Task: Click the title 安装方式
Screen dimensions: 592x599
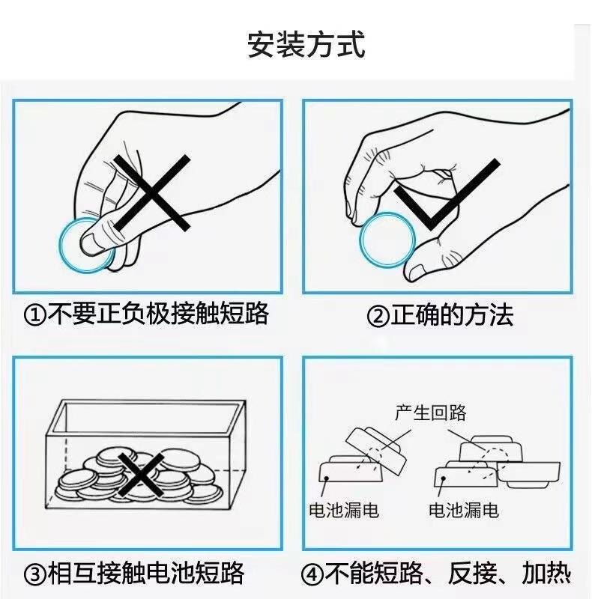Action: [x=306, y=45]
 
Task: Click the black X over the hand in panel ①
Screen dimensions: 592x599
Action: [x=152, y=193]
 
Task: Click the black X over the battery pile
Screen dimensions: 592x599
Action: [x=141, y=475]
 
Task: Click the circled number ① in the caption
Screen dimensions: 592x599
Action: [x=34, y=315]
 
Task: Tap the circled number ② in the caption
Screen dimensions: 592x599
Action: [x=378, y=316]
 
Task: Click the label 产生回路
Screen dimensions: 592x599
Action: [x=431, y=413]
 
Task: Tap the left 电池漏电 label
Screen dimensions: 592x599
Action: [x=344, y=511]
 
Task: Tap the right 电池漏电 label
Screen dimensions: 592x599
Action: [x=464, y=511]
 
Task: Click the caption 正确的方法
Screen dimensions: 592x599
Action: [x=452, y=315]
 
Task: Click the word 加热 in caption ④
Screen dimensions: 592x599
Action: [x=546, y=573]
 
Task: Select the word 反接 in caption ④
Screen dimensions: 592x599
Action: [x=472, y=573]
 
